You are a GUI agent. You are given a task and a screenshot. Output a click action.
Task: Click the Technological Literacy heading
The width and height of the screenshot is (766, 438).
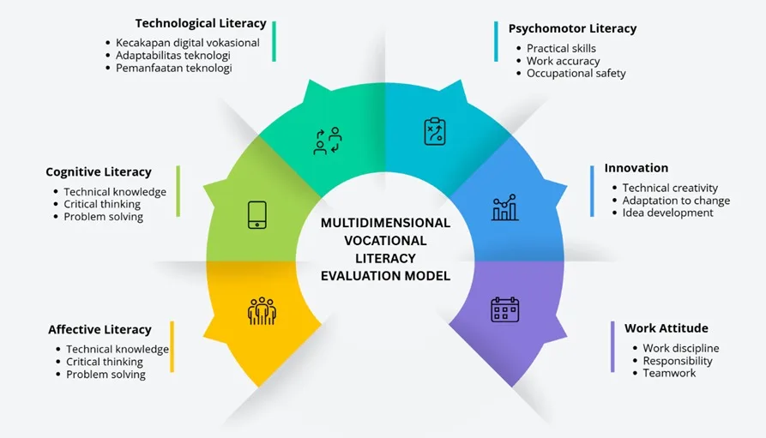point(201,23)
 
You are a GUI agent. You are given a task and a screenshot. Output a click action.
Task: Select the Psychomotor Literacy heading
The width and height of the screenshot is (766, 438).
point(572,29)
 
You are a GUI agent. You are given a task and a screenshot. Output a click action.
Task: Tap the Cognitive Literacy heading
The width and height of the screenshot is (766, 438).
point(99,172)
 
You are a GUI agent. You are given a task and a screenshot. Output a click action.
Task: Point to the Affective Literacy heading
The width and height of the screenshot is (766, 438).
point(100,330)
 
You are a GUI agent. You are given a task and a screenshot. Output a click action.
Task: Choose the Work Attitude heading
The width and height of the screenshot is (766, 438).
point(666,328)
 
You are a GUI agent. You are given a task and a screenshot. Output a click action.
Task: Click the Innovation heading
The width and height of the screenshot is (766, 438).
point(636,168)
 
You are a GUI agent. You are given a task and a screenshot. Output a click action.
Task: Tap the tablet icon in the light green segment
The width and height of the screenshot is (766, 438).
point(257,215)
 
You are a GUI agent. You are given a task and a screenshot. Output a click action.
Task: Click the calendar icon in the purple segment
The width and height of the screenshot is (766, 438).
point(504,309)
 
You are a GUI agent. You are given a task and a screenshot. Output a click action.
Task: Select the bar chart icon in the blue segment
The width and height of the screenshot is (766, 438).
point(504,207)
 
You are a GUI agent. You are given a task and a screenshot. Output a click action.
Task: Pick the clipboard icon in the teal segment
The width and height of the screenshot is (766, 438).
point(435,131)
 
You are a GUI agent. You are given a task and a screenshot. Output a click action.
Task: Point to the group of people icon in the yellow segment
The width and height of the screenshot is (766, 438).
point(262,311)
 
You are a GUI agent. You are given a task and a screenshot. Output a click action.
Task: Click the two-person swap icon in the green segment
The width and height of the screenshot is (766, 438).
point(328,141)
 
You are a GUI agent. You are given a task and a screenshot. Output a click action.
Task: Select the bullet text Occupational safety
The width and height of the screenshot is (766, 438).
point(576,73)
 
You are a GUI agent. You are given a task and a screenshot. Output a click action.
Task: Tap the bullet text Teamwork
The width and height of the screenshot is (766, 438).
point(669,373)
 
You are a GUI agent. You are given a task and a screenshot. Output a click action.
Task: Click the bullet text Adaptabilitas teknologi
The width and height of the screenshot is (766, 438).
point(173,55)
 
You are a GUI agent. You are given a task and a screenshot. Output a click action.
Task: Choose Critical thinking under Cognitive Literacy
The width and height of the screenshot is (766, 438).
point(102,204)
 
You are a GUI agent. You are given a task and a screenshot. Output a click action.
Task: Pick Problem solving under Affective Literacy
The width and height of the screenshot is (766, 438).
point(106,375)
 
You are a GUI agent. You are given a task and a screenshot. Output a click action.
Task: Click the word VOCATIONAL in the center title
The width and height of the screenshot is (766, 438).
point(385,241)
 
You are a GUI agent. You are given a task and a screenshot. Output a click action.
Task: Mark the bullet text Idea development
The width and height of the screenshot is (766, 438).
point(668,213)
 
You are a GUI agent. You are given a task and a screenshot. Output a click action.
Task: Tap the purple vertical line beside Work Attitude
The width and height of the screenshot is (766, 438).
point(612,346)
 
